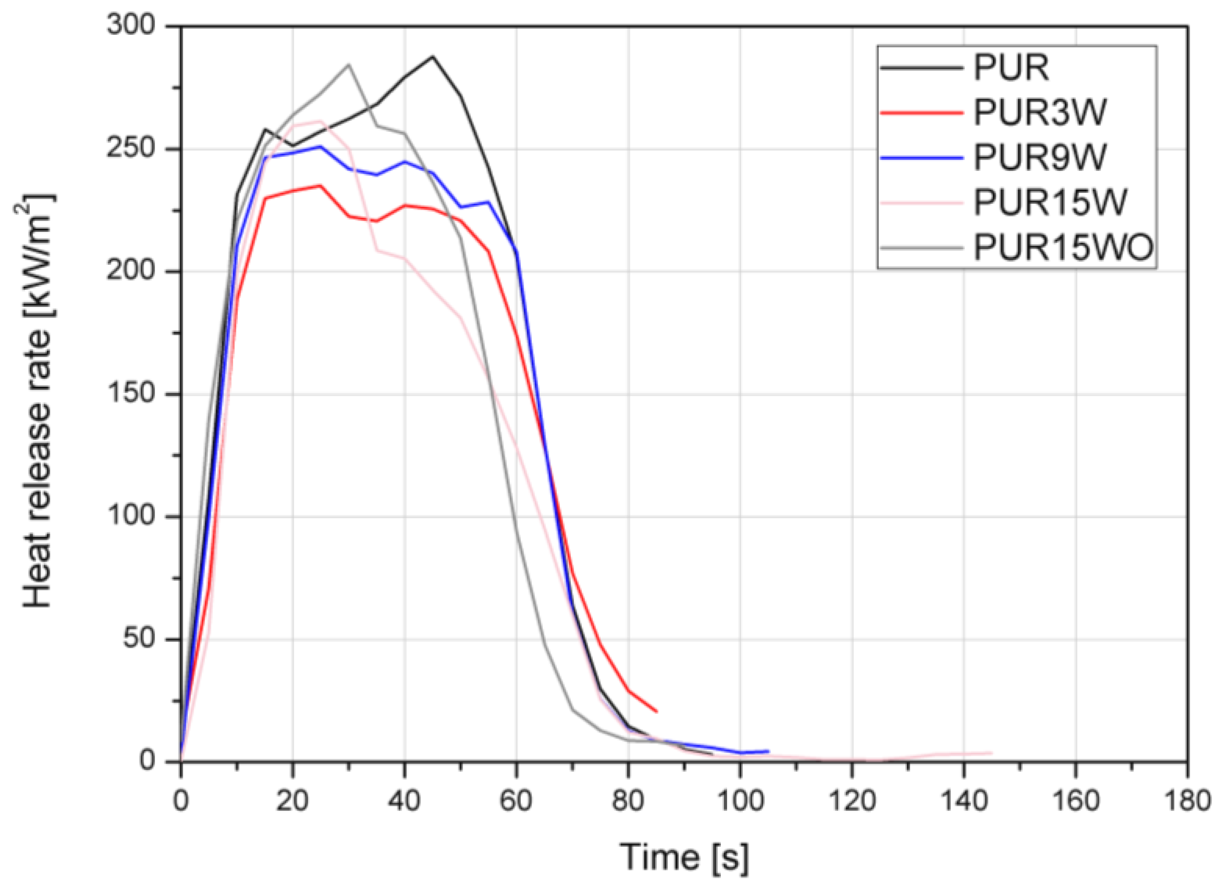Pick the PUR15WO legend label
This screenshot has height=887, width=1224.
coord(1064,248)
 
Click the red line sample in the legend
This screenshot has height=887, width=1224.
coord(922,113)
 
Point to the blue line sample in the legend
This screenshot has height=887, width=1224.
coord(922,157)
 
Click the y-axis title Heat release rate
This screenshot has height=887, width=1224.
coord(39,400)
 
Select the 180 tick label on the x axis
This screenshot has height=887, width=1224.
coord(1187,800)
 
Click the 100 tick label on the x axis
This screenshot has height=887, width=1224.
coord(740,800)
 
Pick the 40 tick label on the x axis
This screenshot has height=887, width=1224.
coord(404,800)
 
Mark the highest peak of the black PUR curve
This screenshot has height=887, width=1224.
coord(432,56)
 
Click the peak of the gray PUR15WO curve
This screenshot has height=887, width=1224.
coord(348,64)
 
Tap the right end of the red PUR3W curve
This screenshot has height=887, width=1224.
coord(656,711)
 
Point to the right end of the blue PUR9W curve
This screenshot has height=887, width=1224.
coord(768,751)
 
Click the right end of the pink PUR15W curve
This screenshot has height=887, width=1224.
coord(991,753)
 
